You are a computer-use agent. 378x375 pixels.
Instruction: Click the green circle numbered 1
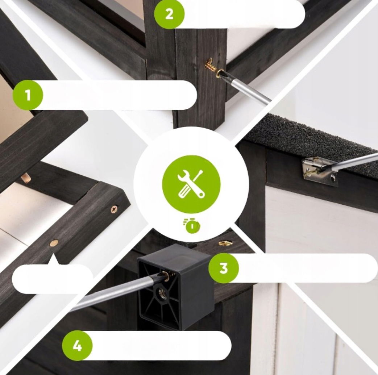28,95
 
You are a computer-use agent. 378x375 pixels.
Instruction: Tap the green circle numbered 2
169,14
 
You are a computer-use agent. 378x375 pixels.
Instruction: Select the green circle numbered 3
224,268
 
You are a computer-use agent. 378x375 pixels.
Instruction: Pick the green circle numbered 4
77,346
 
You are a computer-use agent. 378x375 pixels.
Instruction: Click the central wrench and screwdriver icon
191,184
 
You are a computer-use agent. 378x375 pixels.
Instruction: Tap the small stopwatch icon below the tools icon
192,226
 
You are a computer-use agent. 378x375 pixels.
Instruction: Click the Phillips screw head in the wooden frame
115,209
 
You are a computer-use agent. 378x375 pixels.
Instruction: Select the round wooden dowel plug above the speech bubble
55,243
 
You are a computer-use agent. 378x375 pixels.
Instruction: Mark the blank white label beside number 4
159,346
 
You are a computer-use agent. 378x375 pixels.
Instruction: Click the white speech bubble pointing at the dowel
52,277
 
